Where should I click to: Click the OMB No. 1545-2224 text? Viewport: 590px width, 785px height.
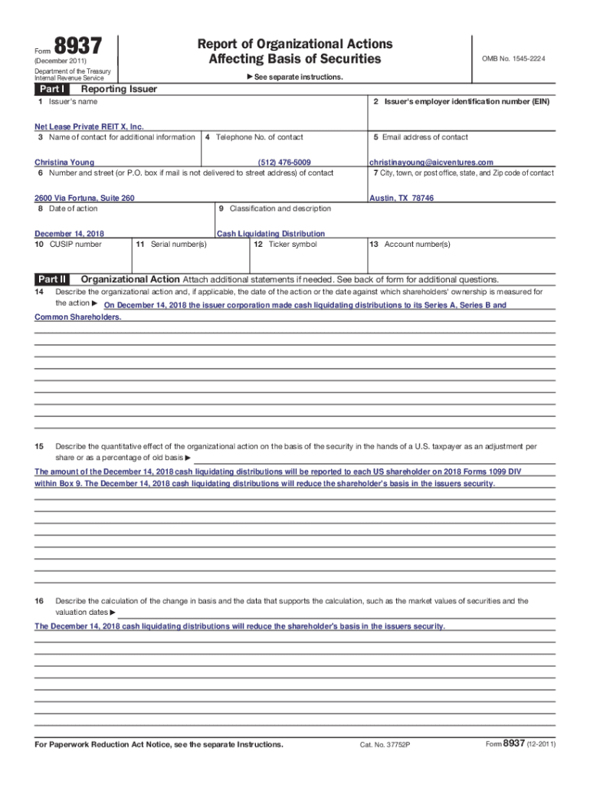pos(513,59)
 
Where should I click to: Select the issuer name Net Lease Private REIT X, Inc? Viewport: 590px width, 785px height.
pos(89,126)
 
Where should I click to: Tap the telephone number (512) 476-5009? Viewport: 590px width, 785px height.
pos(284,163)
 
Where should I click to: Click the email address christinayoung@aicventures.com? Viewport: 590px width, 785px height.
pos(431,163)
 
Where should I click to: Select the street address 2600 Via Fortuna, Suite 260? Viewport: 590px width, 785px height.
pos(84,198)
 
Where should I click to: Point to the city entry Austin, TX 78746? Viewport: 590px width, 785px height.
pos(402,198)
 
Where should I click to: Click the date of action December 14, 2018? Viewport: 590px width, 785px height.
pos(70,234)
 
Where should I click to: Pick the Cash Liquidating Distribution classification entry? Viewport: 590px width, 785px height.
pos(270,234)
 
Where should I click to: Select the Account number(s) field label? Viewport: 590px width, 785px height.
pos(410,245)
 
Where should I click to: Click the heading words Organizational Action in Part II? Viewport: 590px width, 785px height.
pos(130,279)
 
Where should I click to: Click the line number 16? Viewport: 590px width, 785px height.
pos(38,601)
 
